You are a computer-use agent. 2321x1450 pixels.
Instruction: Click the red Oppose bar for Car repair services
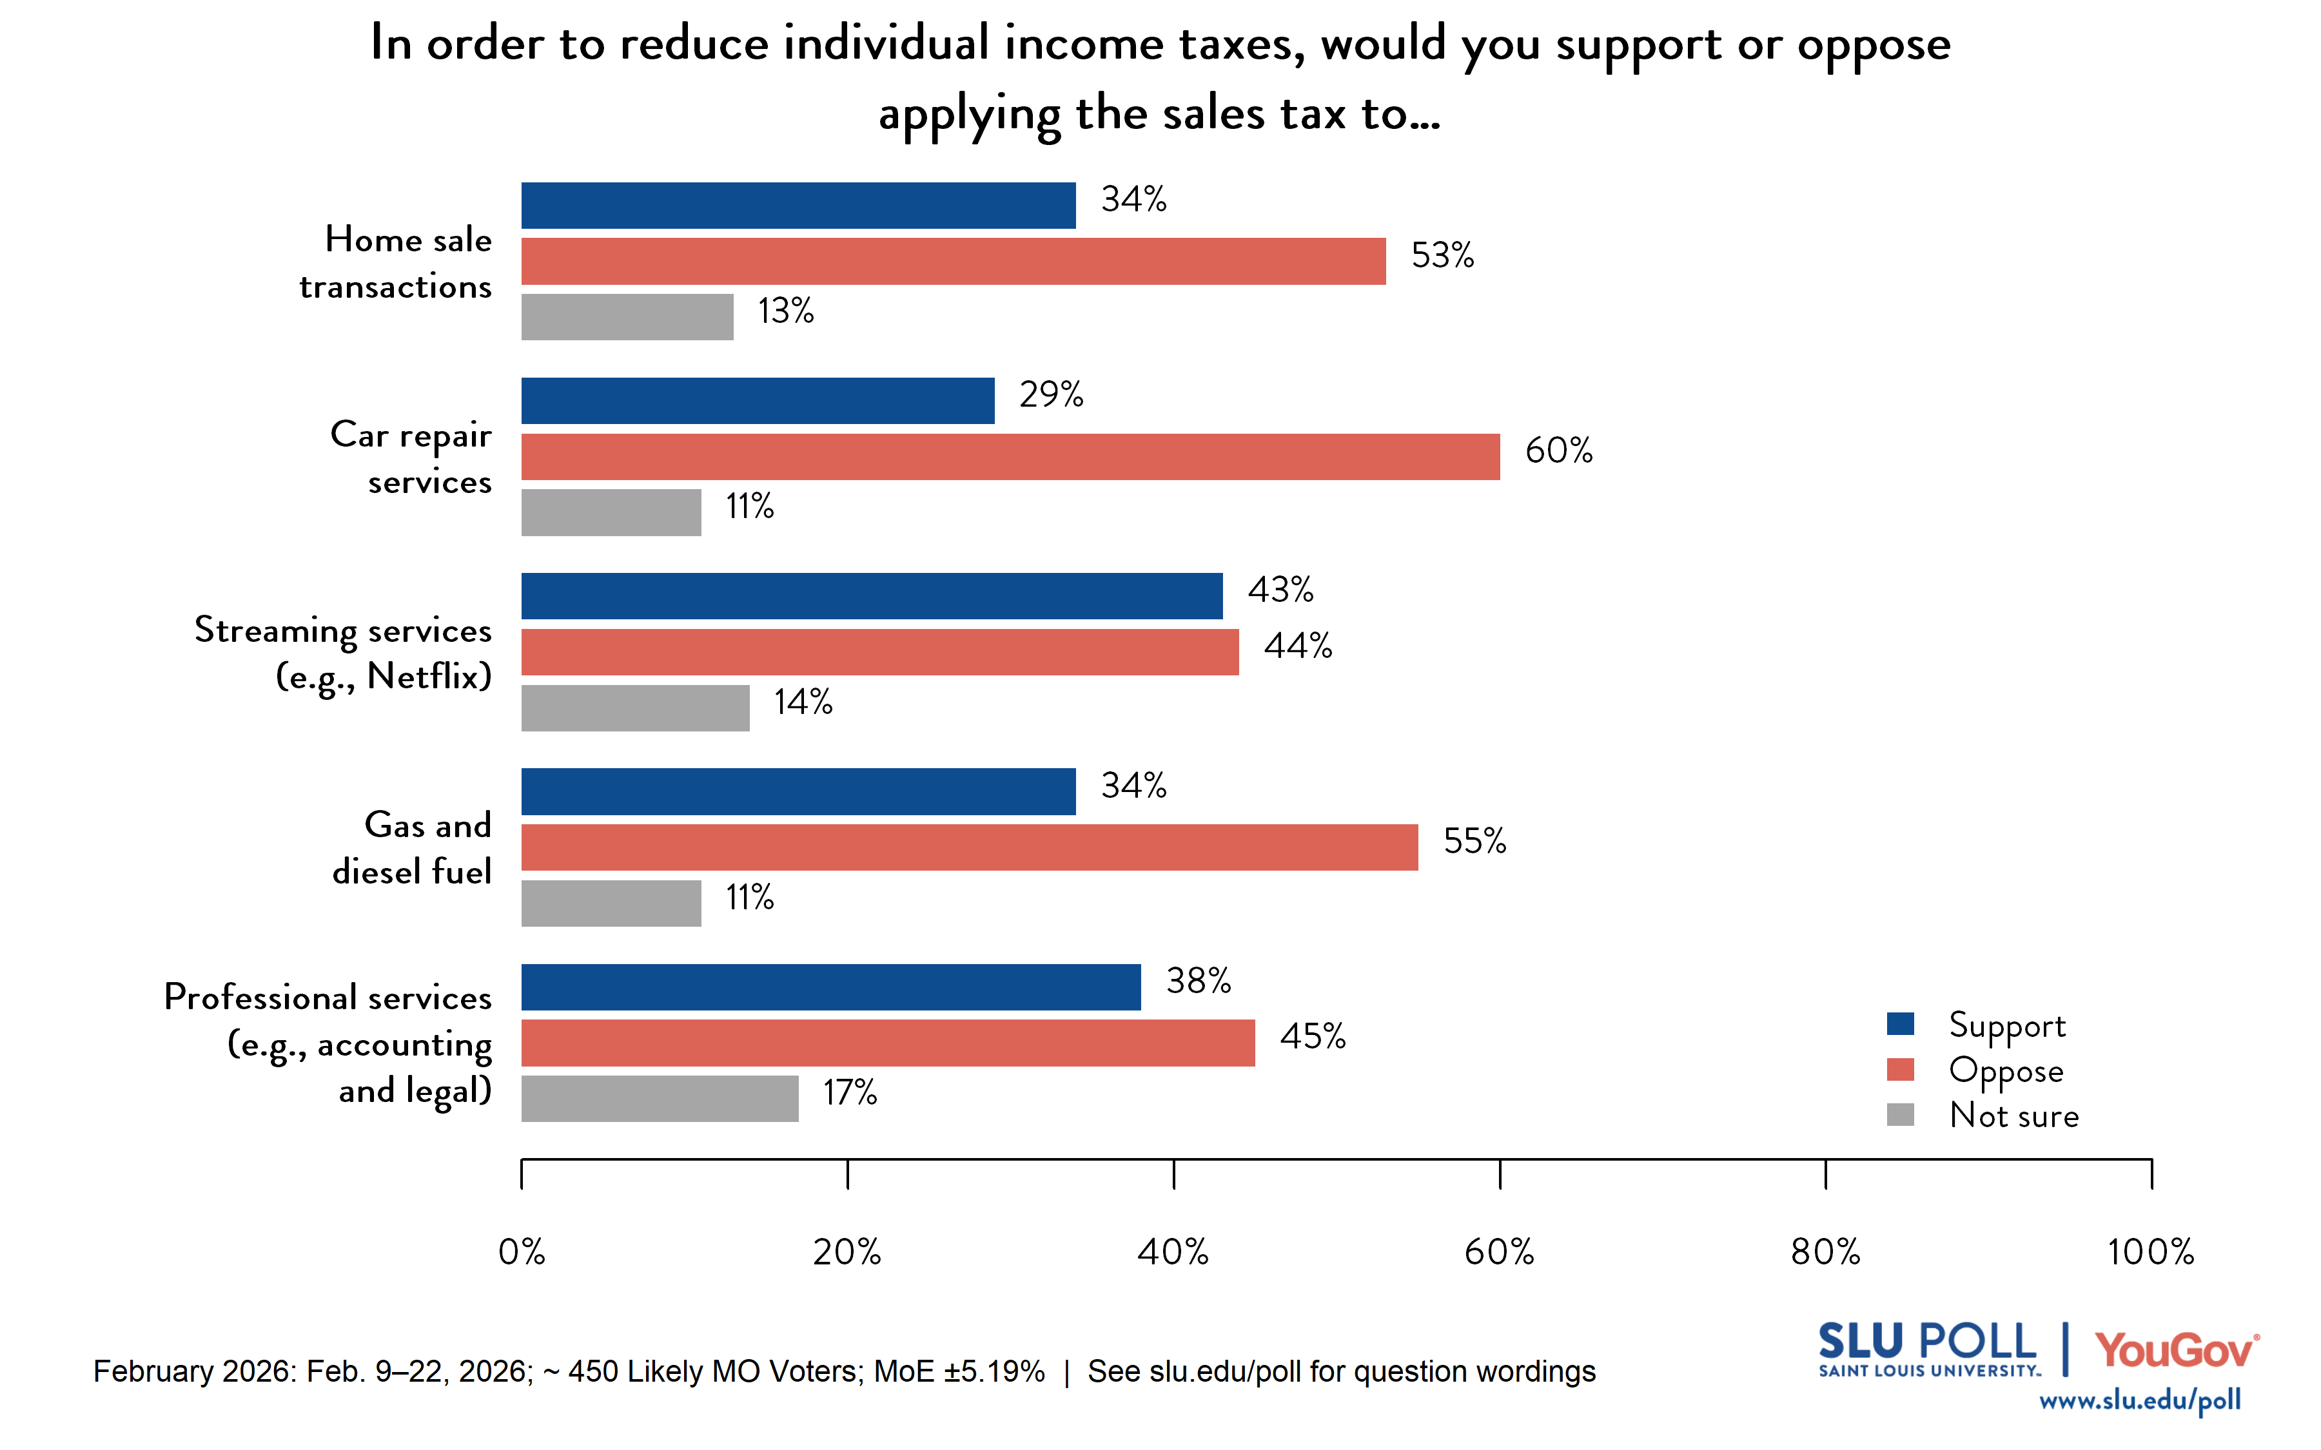(x=1010, y=456)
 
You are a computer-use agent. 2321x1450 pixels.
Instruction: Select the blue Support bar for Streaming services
(x=872, y=595)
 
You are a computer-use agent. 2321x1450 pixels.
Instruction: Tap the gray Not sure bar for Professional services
(x=660, y=1098)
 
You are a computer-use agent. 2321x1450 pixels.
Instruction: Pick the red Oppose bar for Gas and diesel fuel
(x=968, y=847)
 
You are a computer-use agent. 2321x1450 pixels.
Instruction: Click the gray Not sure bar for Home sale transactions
(x=627, y=316)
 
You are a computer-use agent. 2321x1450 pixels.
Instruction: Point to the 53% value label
(x=1442, y=255)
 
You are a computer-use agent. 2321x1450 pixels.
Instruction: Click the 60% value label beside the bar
(x=1558, y=450)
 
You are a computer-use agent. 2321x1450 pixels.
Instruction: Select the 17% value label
(x=849, y=1092)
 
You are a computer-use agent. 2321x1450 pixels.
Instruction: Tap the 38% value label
(x=1198, y=980)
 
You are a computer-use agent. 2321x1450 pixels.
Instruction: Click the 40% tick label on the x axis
(x=1172, y=1252)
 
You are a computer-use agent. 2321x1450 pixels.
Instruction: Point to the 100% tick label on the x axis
(x=2150, y=1252)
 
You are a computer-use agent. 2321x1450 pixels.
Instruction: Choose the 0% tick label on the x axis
(x=522, y=1252)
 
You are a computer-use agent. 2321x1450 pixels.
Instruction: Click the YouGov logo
(x=2174, y=1350)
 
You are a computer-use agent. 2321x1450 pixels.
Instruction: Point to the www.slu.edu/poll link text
(x=2139, y=1400)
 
